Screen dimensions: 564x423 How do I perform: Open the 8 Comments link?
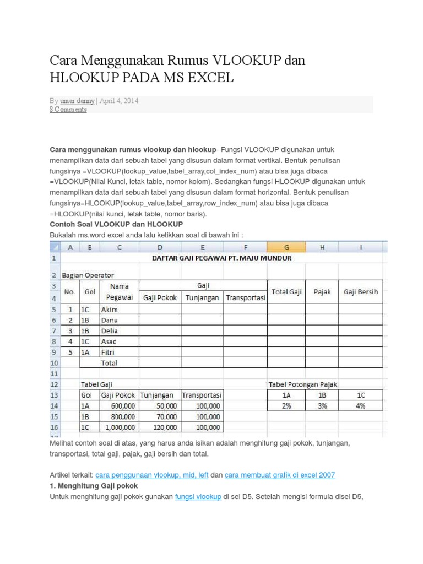coord(68,110)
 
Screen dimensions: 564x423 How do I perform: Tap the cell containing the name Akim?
coord(110,310)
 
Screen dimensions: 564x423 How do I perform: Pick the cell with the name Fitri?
coord(109,352)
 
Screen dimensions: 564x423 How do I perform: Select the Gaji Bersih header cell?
coord(361,292)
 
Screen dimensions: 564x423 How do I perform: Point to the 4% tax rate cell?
coord(361,406)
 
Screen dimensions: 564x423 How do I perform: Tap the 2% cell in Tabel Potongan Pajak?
coord(286,406)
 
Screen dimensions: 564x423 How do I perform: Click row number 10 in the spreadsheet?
coord(55,363)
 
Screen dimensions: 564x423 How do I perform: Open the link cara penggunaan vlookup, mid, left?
coord(151,475)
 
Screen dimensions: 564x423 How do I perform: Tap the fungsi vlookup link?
coord(198,497)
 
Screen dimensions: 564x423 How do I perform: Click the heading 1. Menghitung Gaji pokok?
coord(94,486)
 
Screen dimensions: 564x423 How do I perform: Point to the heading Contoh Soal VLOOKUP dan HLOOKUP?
coord(116,225)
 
